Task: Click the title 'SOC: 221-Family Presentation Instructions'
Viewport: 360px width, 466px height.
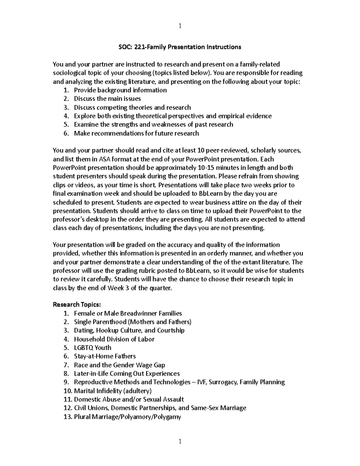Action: pos(178,47)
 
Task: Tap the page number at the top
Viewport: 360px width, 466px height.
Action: pos(180,26)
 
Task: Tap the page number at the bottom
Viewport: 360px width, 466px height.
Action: pos(180,441)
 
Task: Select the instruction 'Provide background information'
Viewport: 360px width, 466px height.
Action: pos(120,90)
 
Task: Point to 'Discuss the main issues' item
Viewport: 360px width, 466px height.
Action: pos(107,99)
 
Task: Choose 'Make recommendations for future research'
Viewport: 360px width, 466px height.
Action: pos(136,133)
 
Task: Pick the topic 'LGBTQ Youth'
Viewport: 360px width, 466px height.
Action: pos(92,348)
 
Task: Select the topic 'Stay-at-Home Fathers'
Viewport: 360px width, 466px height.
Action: pos(105,356)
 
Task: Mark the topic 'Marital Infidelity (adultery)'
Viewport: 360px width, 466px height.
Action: pos(112,391)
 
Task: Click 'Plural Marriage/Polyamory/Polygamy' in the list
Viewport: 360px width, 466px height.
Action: pos(127,417)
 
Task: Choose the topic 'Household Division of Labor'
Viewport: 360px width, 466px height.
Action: pos(114,339)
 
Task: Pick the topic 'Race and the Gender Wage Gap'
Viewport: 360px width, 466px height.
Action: pos(119,365)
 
